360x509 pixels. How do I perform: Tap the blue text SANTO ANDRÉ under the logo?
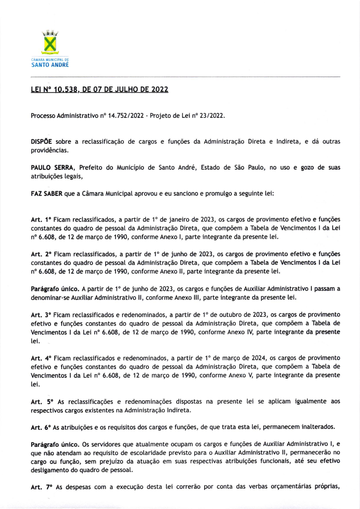click(50, 65)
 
